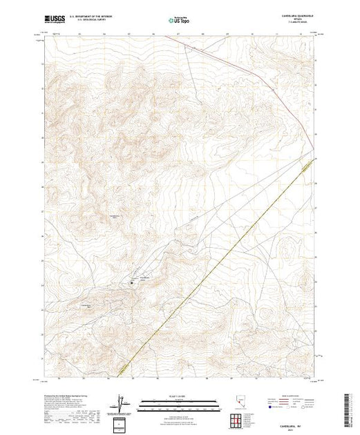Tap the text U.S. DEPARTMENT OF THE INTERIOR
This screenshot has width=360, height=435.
tap(100, 17)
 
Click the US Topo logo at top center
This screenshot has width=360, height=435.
tap(180, 20)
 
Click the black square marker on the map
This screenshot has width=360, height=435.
tap(131, 282)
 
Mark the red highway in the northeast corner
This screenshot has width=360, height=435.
tap(290, 104)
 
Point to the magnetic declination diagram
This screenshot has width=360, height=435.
tap(123, 402)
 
